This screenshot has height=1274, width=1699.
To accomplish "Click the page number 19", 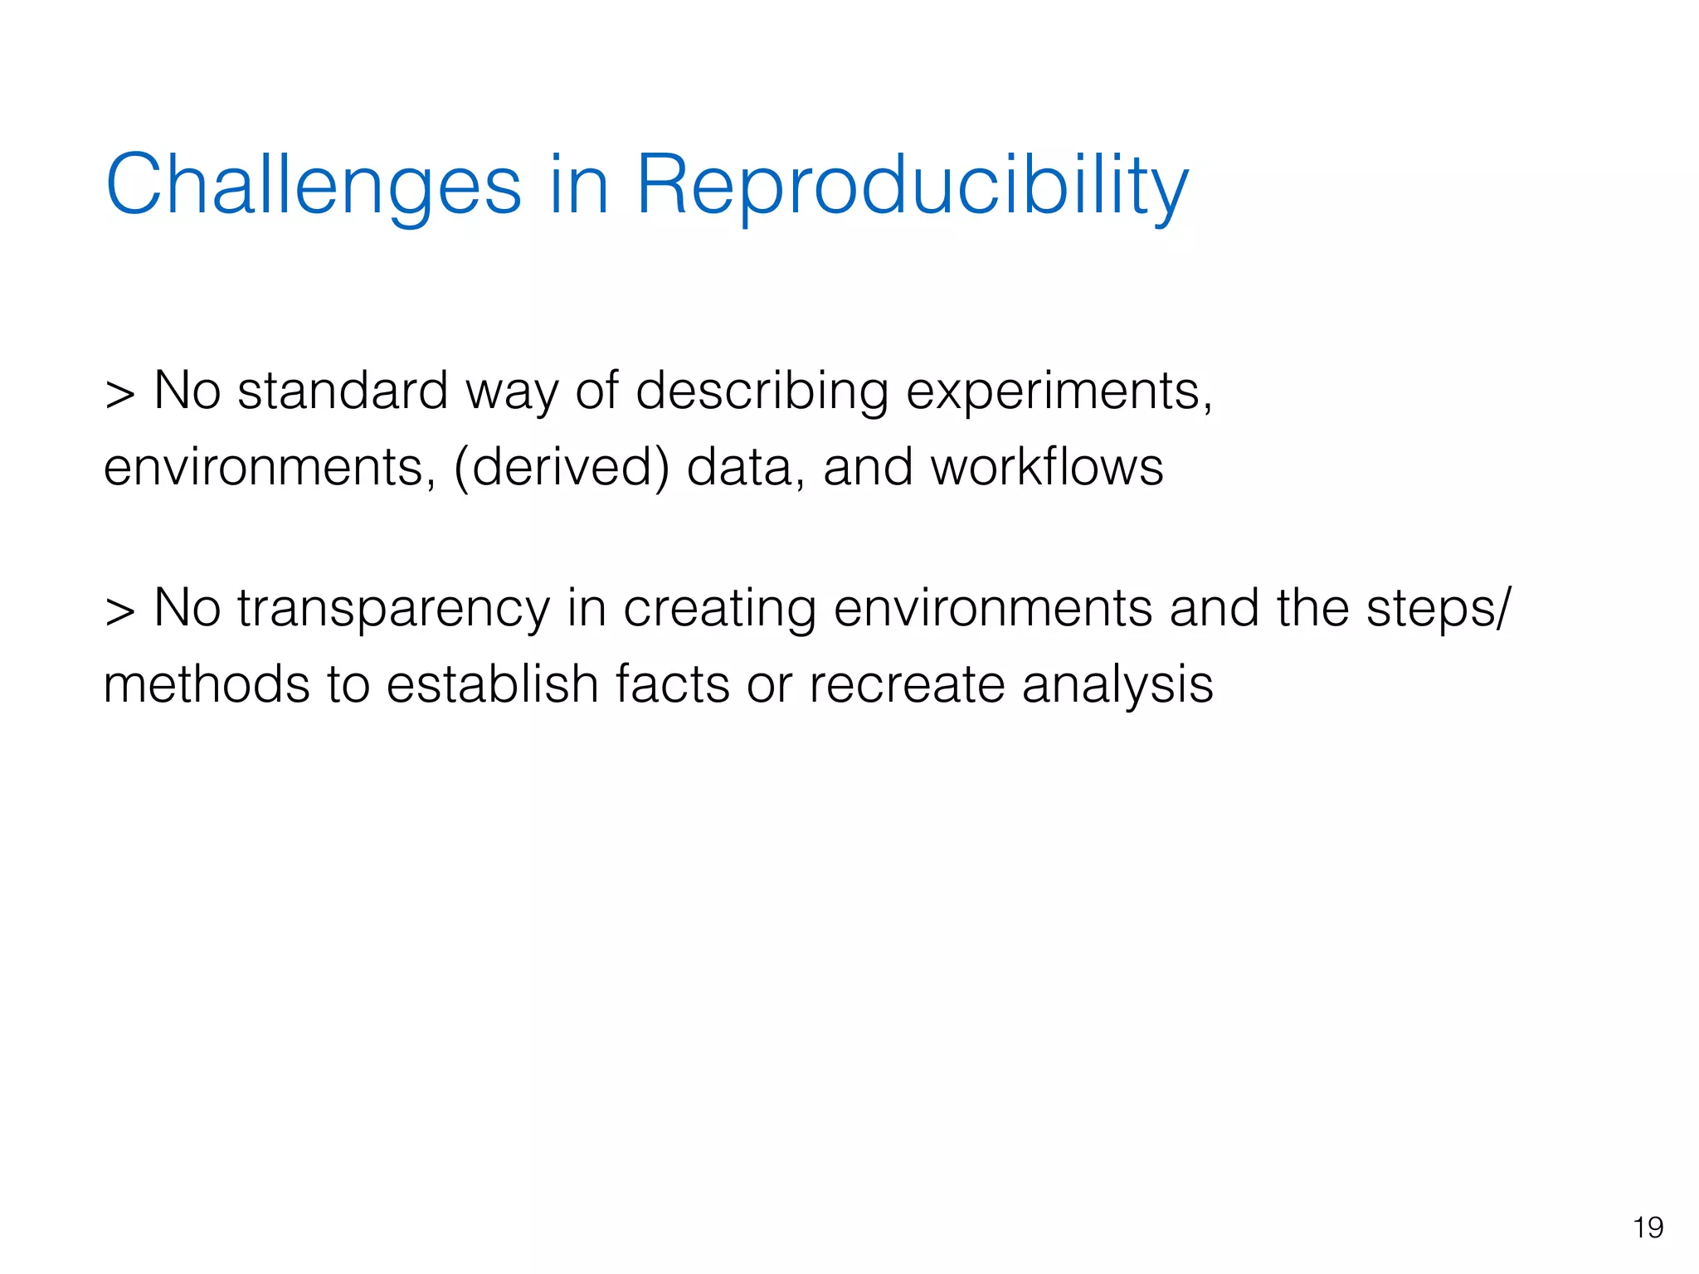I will coord(1648,1228).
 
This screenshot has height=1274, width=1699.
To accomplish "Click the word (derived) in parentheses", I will coord(562,467).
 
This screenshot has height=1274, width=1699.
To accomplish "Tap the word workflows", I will coord(1047,467).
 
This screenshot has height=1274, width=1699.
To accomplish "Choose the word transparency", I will coord(393,609).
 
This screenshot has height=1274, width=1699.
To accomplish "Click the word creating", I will coord(719,609).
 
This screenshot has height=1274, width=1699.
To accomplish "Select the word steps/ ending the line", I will coord(1439,609).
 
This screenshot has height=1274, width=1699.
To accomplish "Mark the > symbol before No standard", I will coord(119,394).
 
